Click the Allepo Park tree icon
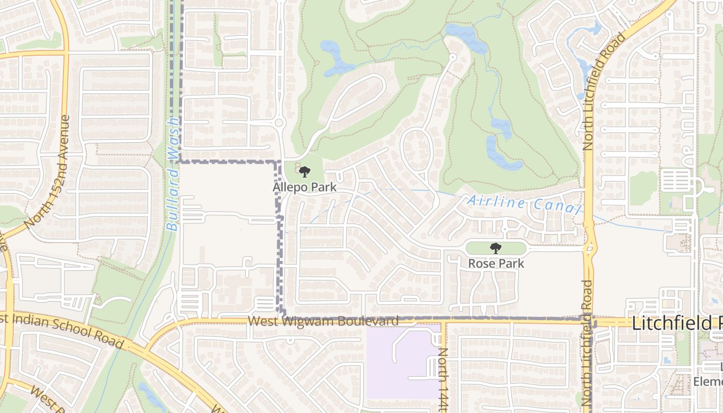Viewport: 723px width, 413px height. pyautogui.click(x=305, y=172)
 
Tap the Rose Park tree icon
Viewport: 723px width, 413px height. pyautogui.click(x=496, y=248)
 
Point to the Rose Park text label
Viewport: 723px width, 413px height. pyautogui.click(x=496, y=263)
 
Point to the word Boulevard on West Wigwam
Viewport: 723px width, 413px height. pyautogui.click(x=373, y=321)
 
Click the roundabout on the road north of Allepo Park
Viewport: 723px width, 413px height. pyautogui.click(x=279, y=123)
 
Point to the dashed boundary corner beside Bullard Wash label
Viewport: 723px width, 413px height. pyautogui.click(x=180, y=162)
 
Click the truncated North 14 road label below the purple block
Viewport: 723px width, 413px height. pyautogui.click(x=443, y=379)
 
